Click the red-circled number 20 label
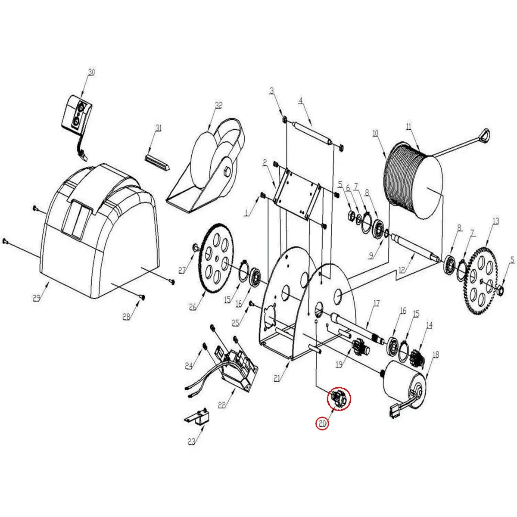pyautogui.click(x=322, y=424)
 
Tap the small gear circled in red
pyautogui.click(x=339, y=399)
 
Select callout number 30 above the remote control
pyautogui.click(x=91, y=72)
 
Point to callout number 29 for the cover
pyautogui.click(x=37, y=298)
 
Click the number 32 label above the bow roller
pyautogui.click(x=219, y=105)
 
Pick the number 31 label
pyautogui.click(x=159, y=128)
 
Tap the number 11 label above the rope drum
pyautogui.click(x=408, y=127)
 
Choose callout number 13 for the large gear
pyautogui.click(x=496, y=221)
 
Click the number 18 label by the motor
pyautogui.click(x=436, y=355)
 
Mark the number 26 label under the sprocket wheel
pyautogui.click(x=193, y=307)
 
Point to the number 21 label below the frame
pyautogui.click(x=277, y=378)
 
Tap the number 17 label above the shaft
pyautogui.click(x=377, y=303)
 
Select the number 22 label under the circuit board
pyautogui.click(x=221, y=405)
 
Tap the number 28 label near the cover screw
pyautogui.click(x=126, y=317)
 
